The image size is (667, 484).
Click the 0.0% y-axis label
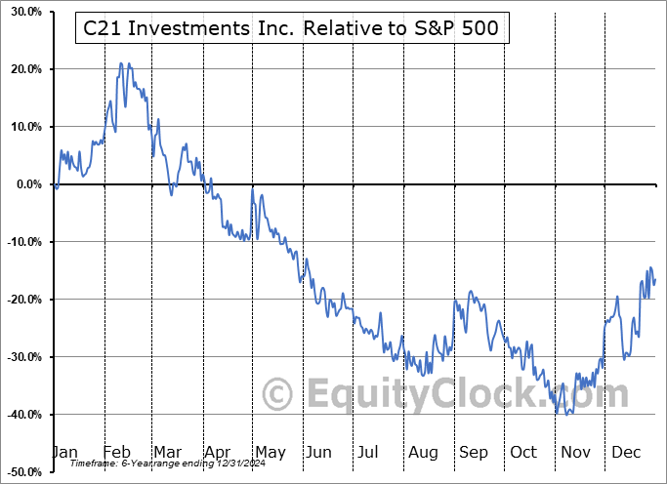[24, 184]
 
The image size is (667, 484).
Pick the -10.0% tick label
[21, 242]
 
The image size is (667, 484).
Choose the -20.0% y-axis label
[21, 300]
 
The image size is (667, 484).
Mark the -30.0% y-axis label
[21, 357]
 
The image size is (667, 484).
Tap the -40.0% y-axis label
[21, 415]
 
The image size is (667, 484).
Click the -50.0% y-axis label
[21, 472]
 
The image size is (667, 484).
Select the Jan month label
[64, 452]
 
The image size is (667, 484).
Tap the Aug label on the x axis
[422, 452]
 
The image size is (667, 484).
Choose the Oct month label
[522, 452]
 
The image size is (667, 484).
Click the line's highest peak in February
[121, 63]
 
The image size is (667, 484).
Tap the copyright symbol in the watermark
[279, 395]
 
